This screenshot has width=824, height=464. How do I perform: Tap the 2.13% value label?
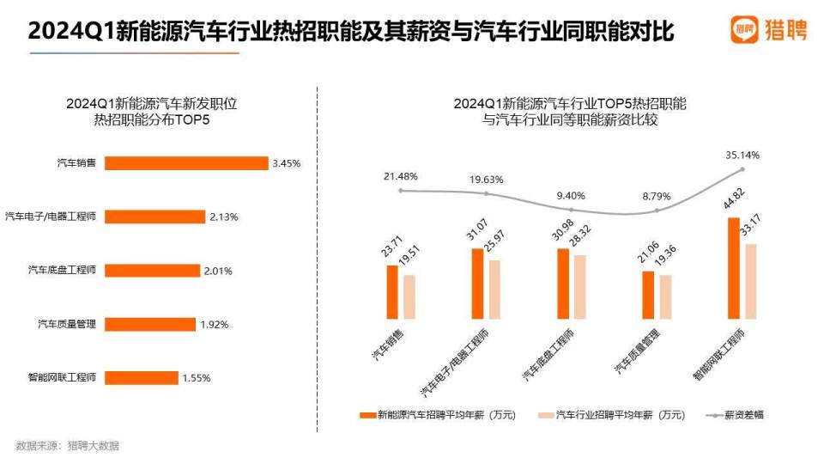pyautogui.click(x=223, y=217)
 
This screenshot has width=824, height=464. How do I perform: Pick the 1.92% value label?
pyautogui.click(x=214, y=324)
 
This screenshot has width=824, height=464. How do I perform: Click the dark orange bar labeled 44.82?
pyautogui.click(x=733, y=269)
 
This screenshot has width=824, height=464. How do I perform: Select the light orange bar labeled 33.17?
pyautogui.click(x=750, y=282)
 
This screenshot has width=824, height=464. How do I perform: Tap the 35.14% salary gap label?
pyautogui.click(x=742, y=156)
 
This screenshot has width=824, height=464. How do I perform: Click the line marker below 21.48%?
pyautogui.click(x=401, y=190)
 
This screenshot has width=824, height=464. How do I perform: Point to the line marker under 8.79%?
pyautogui.click(x=657, y=211)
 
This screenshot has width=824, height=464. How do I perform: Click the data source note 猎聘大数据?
pyautogui.click(x=68, y=445)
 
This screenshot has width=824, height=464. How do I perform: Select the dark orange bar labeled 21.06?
pyautogui.click(x=648, y=296)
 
